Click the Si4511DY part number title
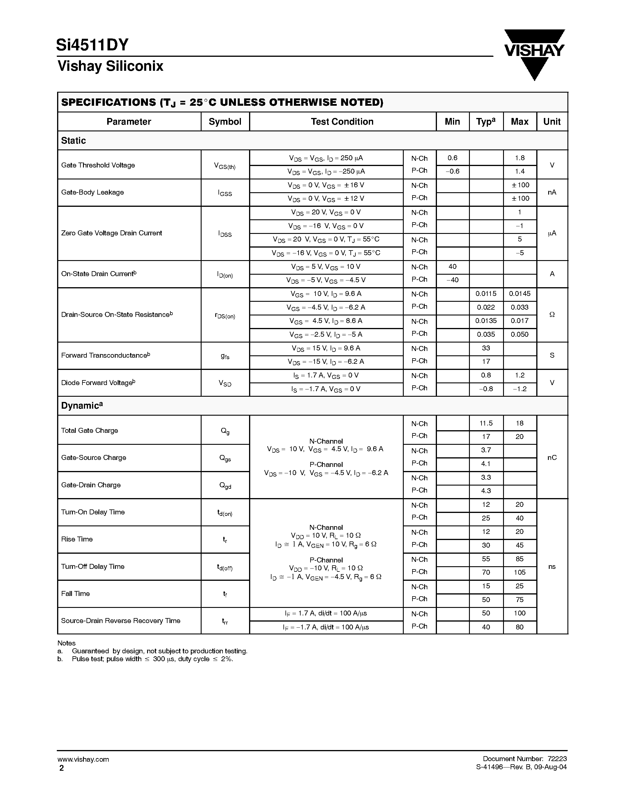tap(92, 45)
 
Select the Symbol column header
tap(225, 122)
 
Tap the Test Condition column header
tap(342, 122)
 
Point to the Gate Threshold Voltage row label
tap(98, 165)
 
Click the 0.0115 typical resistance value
tap(486, 294)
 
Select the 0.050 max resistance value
tap(520, 334)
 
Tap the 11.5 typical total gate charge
tap(486, 423)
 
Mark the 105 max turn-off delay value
tap(520, 573)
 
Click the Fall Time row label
tap(75, 594)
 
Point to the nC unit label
tap(552, 458)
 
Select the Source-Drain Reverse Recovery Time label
tap(121, 621)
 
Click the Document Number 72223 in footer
tap(525, 759)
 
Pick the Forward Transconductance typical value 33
tap(486, 348)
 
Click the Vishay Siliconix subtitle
tap(110, 66)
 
